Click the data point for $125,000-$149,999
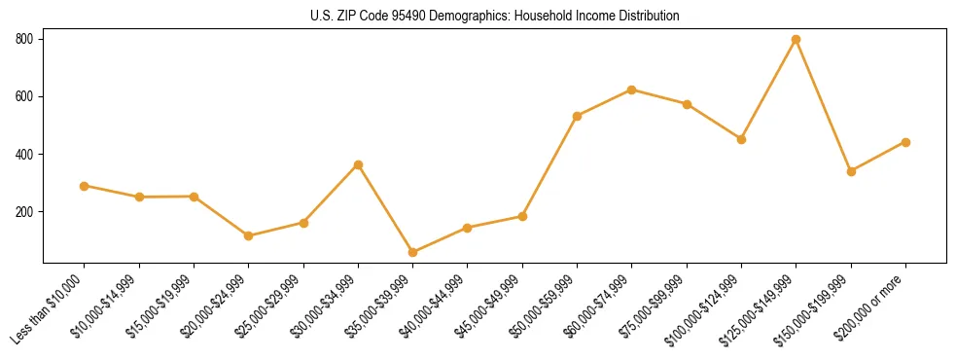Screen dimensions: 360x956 click(x=797, y=40)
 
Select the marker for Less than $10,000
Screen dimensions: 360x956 click(x=85, y=186)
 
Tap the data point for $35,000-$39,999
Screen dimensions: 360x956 click(x=413, y=253)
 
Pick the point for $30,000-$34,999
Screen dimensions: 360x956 click(x=359, y=165)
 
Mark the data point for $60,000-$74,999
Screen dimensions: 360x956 click(x=632, y=90)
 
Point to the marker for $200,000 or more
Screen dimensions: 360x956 click(x=905, y=142)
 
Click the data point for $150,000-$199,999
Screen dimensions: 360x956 click(x=851, y=171)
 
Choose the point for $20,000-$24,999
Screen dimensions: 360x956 click(x=249, y=235)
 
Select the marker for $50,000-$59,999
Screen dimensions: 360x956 click(x=578, y=116)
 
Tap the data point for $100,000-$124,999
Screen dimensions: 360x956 click(x=742, y=139)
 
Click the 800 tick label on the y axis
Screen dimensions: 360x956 click(x=24, y=39)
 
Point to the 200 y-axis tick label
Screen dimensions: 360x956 click(x=24, y=212)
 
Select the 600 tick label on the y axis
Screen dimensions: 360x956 click(x=24, y=96)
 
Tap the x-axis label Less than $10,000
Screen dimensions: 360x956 click(x=49, y=306)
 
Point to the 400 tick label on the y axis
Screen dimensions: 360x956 click(x=24, y=154)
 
